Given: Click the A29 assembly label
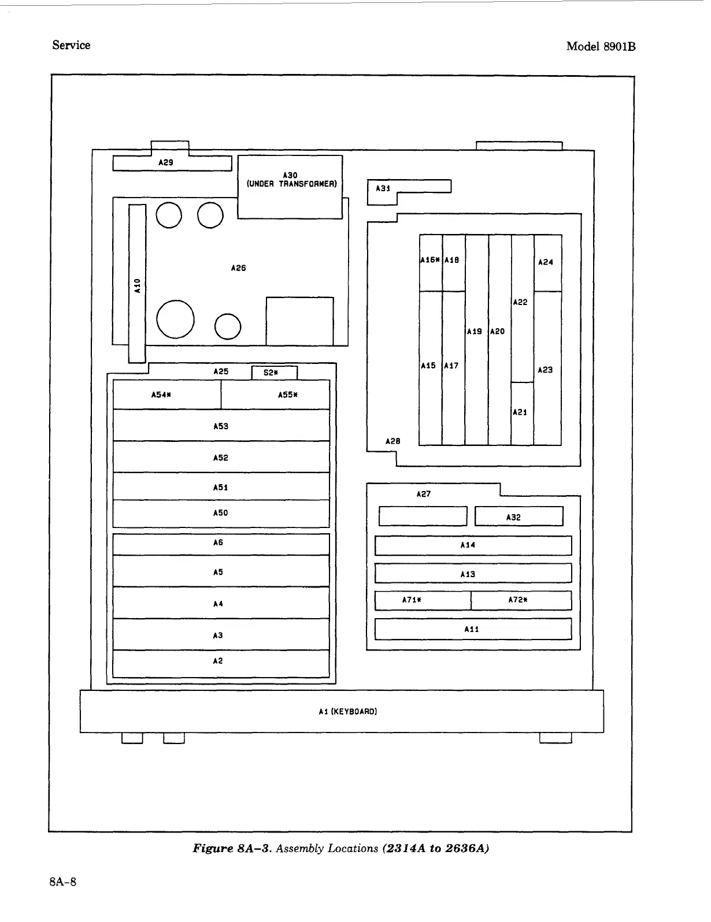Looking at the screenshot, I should (166, 163).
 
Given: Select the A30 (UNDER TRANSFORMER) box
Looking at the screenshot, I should (290, 187).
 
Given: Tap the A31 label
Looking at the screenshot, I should (383, 188).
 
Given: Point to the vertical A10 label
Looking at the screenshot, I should (137, 285).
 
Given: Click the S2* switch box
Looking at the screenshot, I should (274, 373).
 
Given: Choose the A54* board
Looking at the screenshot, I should (166, 395).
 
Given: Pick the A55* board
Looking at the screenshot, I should (276, 395).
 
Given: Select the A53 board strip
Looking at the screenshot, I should (221, 426).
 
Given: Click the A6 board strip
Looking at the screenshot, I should (221, 544).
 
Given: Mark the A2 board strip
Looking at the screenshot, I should (221, 663).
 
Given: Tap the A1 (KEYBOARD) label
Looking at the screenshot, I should (347, 712).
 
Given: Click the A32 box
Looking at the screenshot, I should (519, 516).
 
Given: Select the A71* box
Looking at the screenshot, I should (423, 600).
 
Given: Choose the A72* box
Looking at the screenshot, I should (521, 600).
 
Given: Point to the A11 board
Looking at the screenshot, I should (473, 629).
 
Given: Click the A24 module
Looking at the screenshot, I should (547, 263).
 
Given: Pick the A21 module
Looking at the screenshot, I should (522, 413).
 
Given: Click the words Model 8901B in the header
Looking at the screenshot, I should (601, 47).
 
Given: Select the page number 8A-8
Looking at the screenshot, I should (63, 882).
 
